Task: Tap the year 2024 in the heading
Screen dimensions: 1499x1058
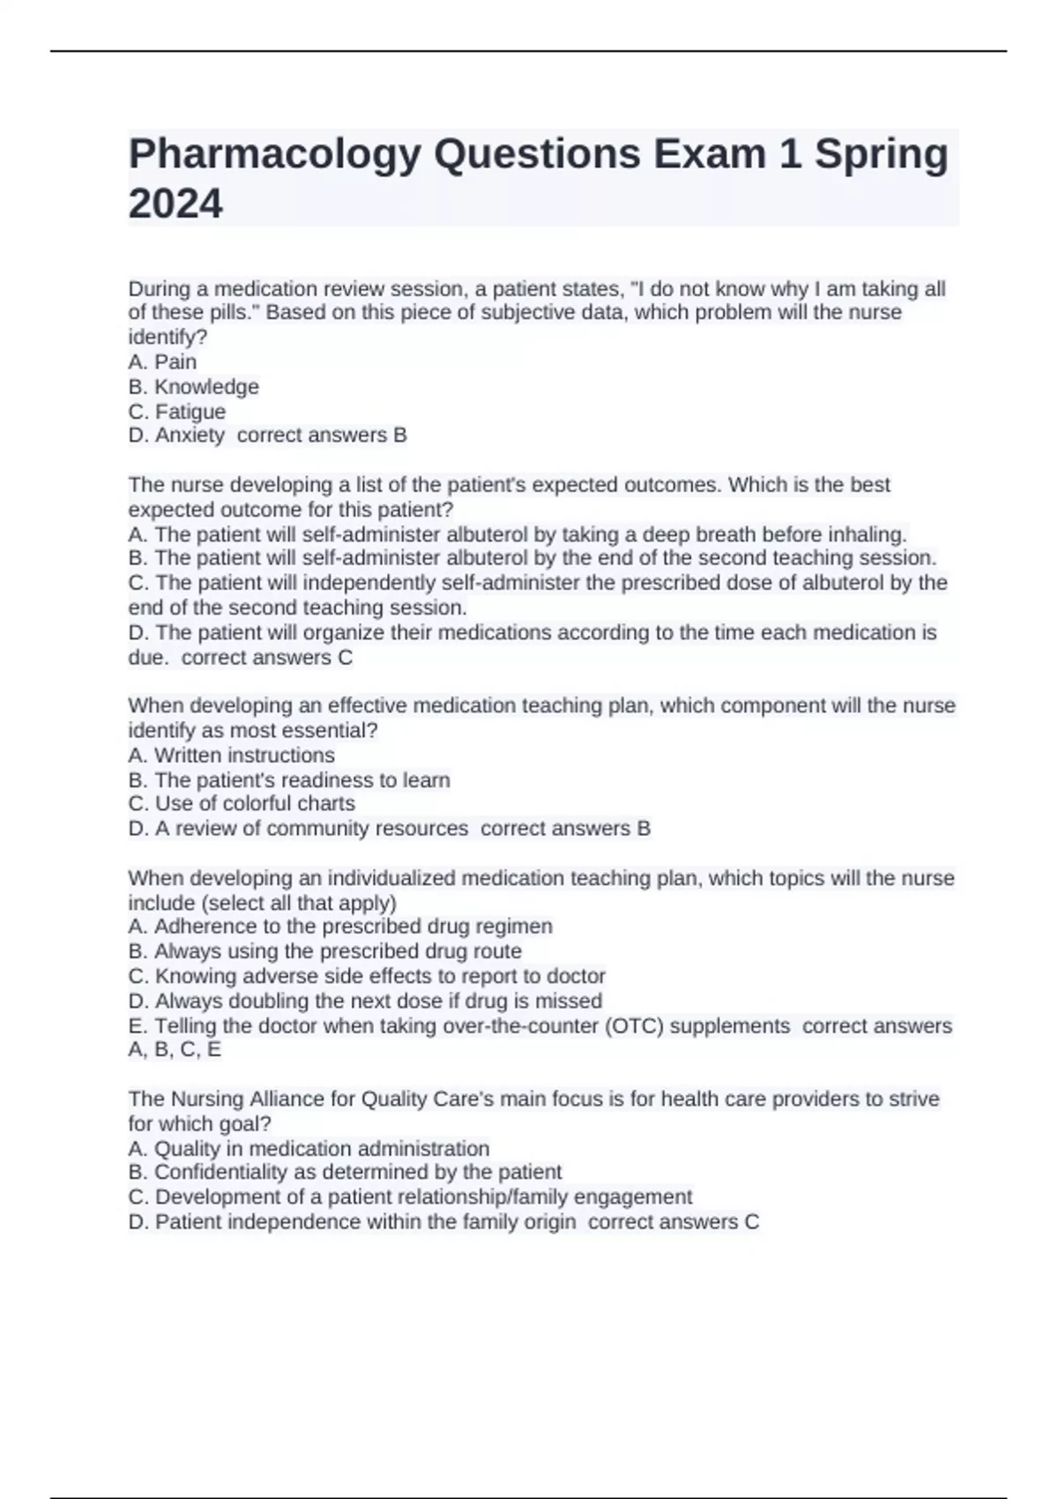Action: click(175, 204)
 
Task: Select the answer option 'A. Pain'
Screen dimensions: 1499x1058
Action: click(162, 362)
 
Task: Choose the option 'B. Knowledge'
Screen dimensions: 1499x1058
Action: click(193, 387)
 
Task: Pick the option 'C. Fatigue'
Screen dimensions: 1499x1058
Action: click(177, 412)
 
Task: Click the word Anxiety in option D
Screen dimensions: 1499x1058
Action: click(190, 436)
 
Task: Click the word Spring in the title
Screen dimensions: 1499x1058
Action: click(881, 155)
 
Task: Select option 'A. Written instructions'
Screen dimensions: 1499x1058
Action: click(231, 756)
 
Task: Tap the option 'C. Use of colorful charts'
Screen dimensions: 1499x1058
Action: click(242, 804)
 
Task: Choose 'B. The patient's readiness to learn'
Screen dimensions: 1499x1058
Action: click(289, 780)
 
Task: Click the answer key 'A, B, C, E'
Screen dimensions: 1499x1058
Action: click(175, 1050)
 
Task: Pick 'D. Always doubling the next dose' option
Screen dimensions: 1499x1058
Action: click(365, 1002)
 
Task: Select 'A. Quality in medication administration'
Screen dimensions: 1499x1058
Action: click(309, 1149)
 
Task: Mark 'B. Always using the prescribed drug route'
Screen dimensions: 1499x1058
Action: click(324, 951)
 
